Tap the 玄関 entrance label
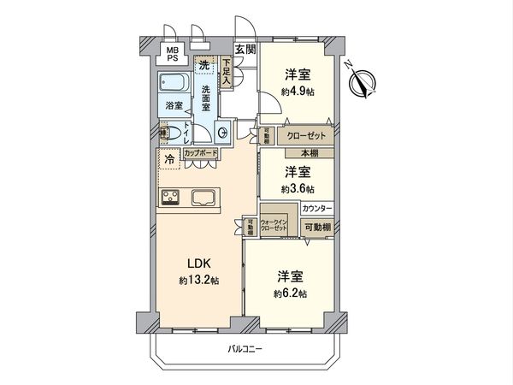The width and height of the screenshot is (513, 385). [246, 50]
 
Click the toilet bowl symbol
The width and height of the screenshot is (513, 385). [174, 133]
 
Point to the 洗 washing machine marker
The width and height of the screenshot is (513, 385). [203, 65]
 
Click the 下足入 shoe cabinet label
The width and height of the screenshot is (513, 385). [226, 70]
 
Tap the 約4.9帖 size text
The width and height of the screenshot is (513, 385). [297, 90]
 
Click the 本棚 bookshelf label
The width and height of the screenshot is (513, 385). [298, 153]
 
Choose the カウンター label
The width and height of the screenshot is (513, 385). [317, 209]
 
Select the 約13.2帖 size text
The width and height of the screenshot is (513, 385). [198, 280]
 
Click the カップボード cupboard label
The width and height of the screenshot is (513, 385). [200, 154]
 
